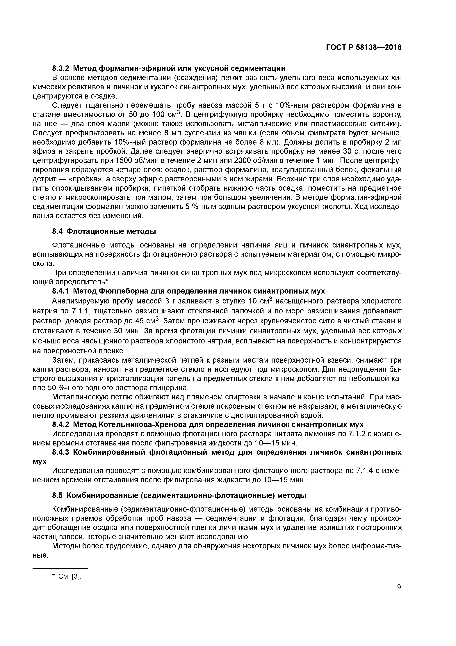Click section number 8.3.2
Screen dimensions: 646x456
(x=61, y=68)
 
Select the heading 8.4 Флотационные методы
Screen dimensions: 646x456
(x=104, y=231)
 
